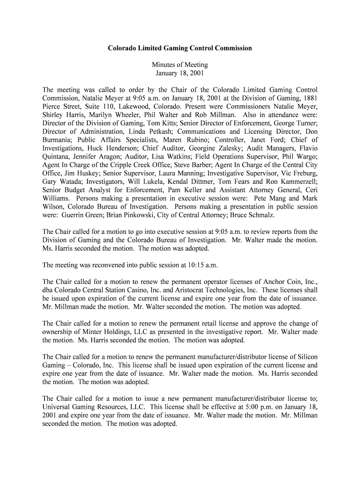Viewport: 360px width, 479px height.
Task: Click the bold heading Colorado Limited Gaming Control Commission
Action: point(180,48)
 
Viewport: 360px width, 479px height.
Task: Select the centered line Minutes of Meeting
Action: point(180,65)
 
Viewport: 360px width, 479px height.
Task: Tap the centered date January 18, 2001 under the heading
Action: point(180,73)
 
